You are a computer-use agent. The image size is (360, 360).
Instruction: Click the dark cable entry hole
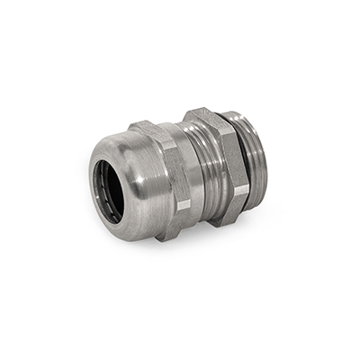[107, 190]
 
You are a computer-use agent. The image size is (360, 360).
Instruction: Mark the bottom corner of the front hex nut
[166, 237]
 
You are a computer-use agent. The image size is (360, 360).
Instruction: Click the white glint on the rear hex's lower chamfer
[240, 190]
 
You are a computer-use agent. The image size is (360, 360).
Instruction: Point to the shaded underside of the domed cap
[135, 216]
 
